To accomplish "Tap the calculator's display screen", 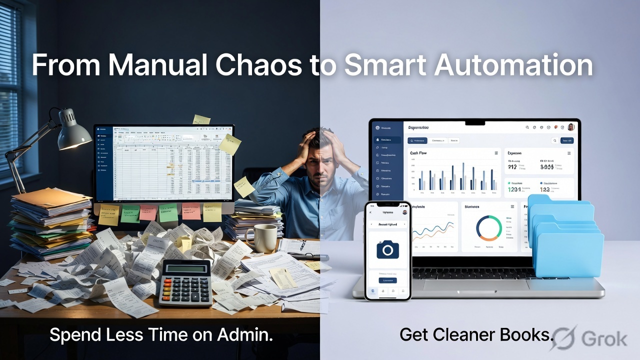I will (185, 268).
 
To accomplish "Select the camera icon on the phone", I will (387, 248).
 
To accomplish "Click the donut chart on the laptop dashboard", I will (488, 228).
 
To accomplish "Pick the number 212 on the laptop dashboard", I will (512, 167).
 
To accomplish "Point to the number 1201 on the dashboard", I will (514, 189).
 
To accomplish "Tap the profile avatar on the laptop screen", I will (571, 127).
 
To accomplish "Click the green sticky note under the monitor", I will (130, 213).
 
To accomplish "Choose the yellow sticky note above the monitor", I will (201, 119).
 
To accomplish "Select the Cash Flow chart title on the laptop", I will (418, 153).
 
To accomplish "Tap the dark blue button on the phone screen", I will (387, 280).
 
